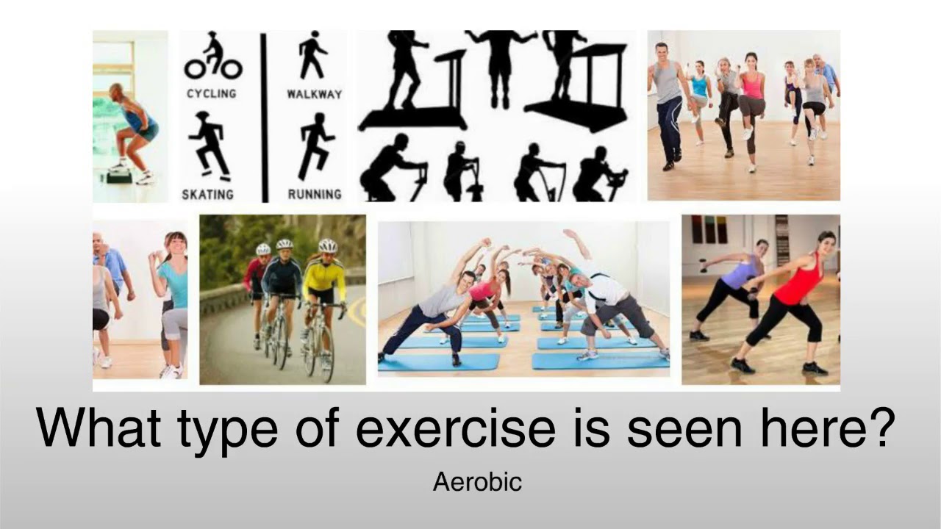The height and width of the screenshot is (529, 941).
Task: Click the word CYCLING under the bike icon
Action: tap(211, 94)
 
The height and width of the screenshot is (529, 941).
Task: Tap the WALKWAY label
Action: tap(314, 94)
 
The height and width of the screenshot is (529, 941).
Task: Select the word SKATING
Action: tap(208, 195)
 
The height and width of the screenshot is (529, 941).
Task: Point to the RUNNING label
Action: tap(315, 195)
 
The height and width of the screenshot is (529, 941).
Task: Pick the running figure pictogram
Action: tap(315, 145)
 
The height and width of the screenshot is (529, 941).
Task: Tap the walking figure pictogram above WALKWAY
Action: tap(313, 54)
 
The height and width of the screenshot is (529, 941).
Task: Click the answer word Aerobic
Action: tap(477, 482)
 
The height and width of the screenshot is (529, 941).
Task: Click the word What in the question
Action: tap(99, 429)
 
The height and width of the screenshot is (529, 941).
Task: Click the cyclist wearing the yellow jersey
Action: tap(323, 294)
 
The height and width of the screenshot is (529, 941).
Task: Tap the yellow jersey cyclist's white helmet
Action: tap(327, 245)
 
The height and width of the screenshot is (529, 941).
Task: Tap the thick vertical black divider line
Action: tap(264, 116)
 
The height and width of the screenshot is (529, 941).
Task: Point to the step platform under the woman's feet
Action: tap(118, 177)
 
